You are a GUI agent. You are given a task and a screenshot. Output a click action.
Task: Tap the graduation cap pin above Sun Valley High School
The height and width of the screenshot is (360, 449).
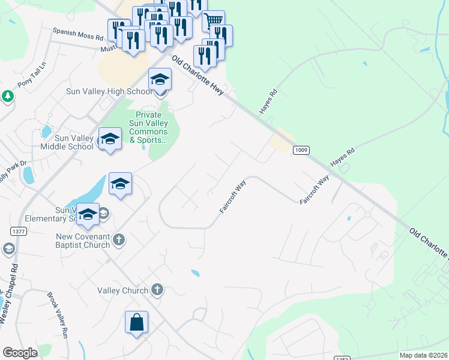pyautogui.click(x=160, y=80)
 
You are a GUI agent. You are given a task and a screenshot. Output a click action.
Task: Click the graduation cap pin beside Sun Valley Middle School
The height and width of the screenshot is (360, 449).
pyautogui.click(x=110, y=139)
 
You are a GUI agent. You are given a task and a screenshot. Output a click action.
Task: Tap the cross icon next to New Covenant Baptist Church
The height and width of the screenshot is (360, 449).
pyautogui.click(x=119, y=239)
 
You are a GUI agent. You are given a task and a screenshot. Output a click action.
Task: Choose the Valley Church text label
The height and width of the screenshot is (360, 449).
pyautogui.click(x=123, y=290)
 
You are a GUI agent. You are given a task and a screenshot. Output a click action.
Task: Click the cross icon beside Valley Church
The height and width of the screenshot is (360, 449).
pyautogui.click(x=157, y=290)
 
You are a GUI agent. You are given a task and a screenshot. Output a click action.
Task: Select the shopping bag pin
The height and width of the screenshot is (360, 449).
pyautogui.click(x=137, y=322)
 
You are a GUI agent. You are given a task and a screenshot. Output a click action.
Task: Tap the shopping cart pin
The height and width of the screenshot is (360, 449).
pyautogui.click(x=213, y=22)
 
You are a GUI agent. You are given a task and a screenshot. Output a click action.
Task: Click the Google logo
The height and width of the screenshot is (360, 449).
pyautogui.click(x=20, y=353)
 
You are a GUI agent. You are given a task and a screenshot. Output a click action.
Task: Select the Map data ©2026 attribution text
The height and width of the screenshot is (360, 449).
pyautogui.click(x=423, y=355)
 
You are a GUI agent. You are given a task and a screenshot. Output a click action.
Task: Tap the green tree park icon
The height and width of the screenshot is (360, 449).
pyautogui.click(x=7, y=96)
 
